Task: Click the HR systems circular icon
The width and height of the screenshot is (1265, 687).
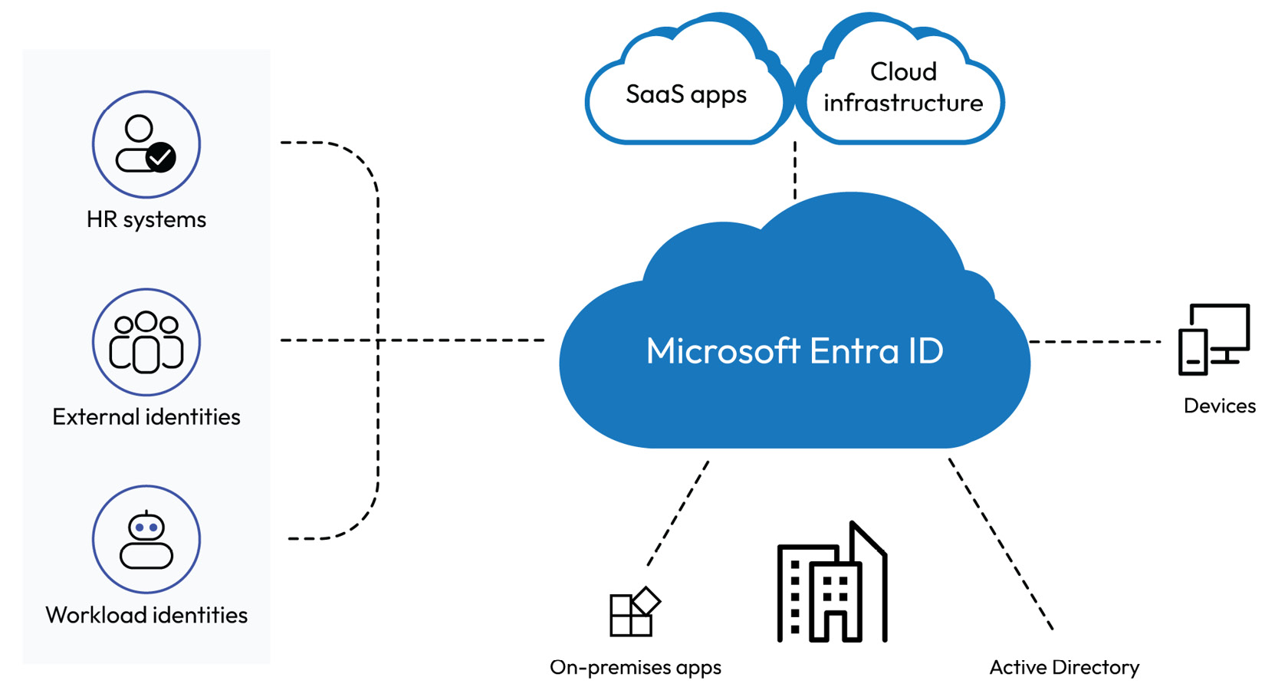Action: point(146,144)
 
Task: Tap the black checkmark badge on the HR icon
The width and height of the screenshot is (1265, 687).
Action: point(160,157)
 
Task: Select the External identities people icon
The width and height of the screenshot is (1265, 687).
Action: point(146,342)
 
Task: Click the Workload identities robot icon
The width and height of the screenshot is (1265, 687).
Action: point(146,539)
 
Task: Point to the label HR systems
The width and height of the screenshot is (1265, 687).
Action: point(146,219)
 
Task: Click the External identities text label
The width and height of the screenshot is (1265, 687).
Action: point(146,416)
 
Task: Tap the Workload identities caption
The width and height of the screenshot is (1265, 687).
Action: point(146,614)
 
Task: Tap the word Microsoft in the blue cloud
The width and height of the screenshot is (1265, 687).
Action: point(723,350)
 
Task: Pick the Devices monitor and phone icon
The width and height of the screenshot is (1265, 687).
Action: point(1214,339)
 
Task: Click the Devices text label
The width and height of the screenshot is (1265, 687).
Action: point(1219,406)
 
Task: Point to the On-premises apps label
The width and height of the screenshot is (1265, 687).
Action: point(635,667)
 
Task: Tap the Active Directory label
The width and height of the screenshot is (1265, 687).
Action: point(1064,667)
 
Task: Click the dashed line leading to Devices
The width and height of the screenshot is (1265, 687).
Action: point(1095,341)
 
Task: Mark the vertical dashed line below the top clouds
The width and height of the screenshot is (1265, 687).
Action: point(795,170)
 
